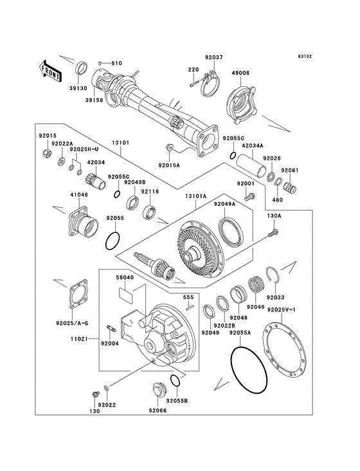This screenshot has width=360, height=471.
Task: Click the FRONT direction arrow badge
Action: [x=51, y=69]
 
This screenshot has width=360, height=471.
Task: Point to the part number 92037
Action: [x=214, y=57]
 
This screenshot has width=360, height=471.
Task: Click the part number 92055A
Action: [x=240, y=333]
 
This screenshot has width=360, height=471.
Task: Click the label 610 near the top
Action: [x=116, y=63]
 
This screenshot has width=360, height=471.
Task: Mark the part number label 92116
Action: [x=150, y=191]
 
